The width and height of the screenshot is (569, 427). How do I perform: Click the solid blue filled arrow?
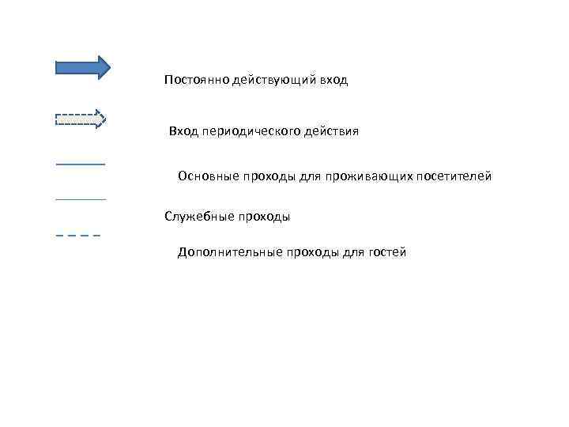pos(82,67)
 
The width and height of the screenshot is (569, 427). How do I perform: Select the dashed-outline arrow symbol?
pos(80,119)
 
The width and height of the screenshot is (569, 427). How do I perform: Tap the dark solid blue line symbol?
pos(81,164)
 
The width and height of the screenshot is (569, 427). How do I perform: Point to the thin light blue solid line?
pos(81,199)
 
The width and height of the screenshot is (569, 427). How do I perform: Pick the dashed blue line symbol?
pos(78,236)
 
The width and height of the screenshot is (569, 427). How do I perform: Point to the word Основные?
pos(207,176)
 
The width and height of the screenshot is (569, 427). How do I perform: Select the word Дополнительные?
pos(224,252)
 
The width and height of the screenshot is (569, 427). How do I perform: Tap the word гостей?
pos(386,252)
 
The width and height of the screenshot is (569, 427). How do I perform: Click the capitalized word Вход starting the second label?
pos(183,131)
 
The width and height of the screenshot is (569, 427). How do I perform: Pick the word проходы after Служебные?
pos(262,216)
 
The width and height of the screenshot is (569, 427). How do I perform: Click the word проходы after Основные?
pos(268,176)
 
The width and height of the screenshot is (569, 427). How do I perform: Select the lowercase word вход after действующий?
pos(333,81)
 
